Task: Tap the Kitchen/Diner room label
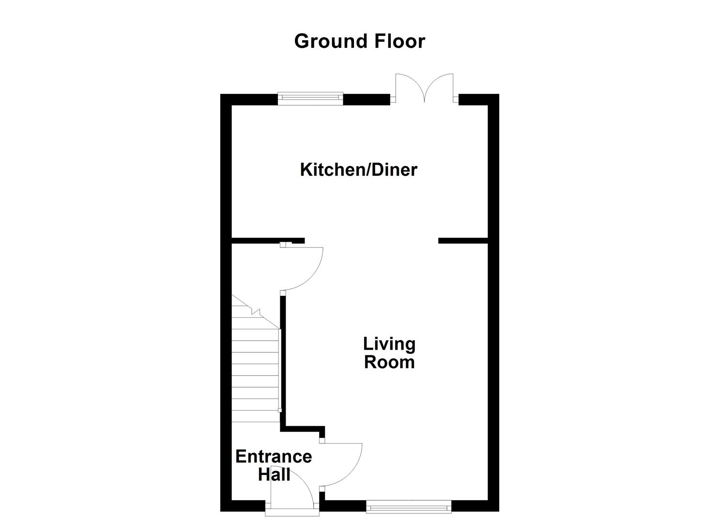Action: coord(358,170)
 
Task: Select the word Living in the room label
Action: coord(389,344)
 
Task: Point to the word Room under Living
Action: coord(389,362)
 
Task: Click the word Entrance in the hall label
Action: coord(274,457)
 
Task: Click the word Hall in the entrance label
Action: coord(274,474)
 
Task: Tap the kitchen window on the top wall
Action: coord(310,98)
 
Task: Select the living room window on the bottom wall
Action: coord(409,507)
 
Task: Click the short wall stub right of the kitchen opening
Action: coord(462,241)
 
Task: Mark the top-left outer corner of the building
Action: coord(222,95)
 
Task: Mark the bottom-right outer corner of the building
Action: coord(498,510)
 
